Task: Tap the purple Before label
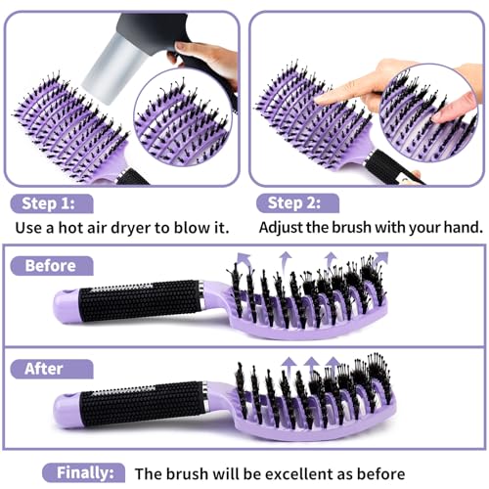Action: tap(51, 265)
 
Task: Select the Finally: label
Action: tap(90, 471)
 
